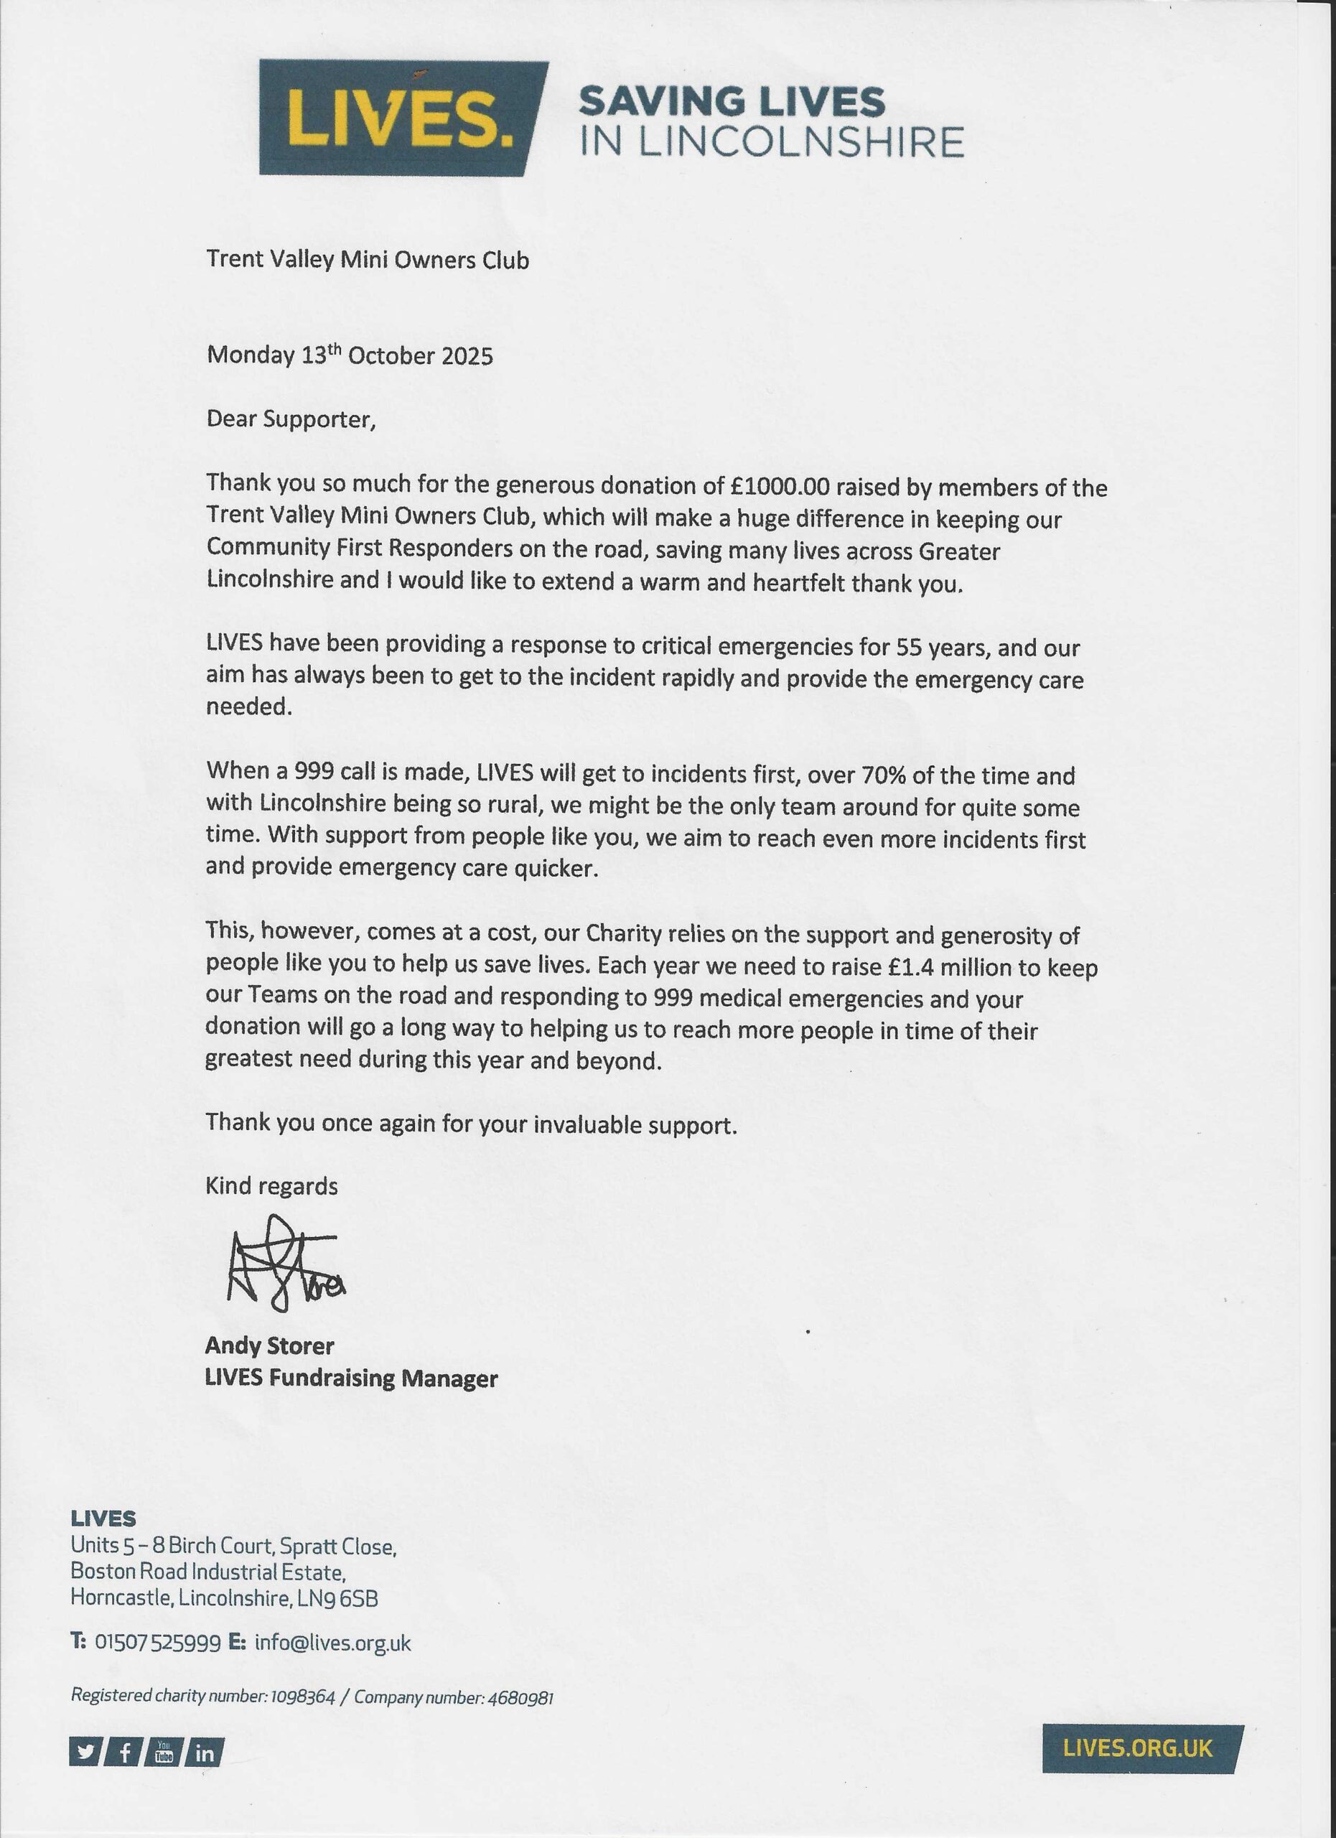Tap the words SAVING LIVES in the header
[x=731, y=101]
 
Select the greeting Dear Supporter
[x=291, y=419]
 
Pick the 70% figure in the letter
[x=882, y=775]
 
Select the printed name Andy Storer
[x=269, y=1346]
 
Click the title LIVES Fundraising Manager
[x=351, y=1378]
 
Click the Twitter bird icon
[x=85, y=1753]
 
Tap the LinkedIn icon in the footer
[x=205, y=1753]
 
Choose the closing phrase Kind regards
[x=271, y=1186]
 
